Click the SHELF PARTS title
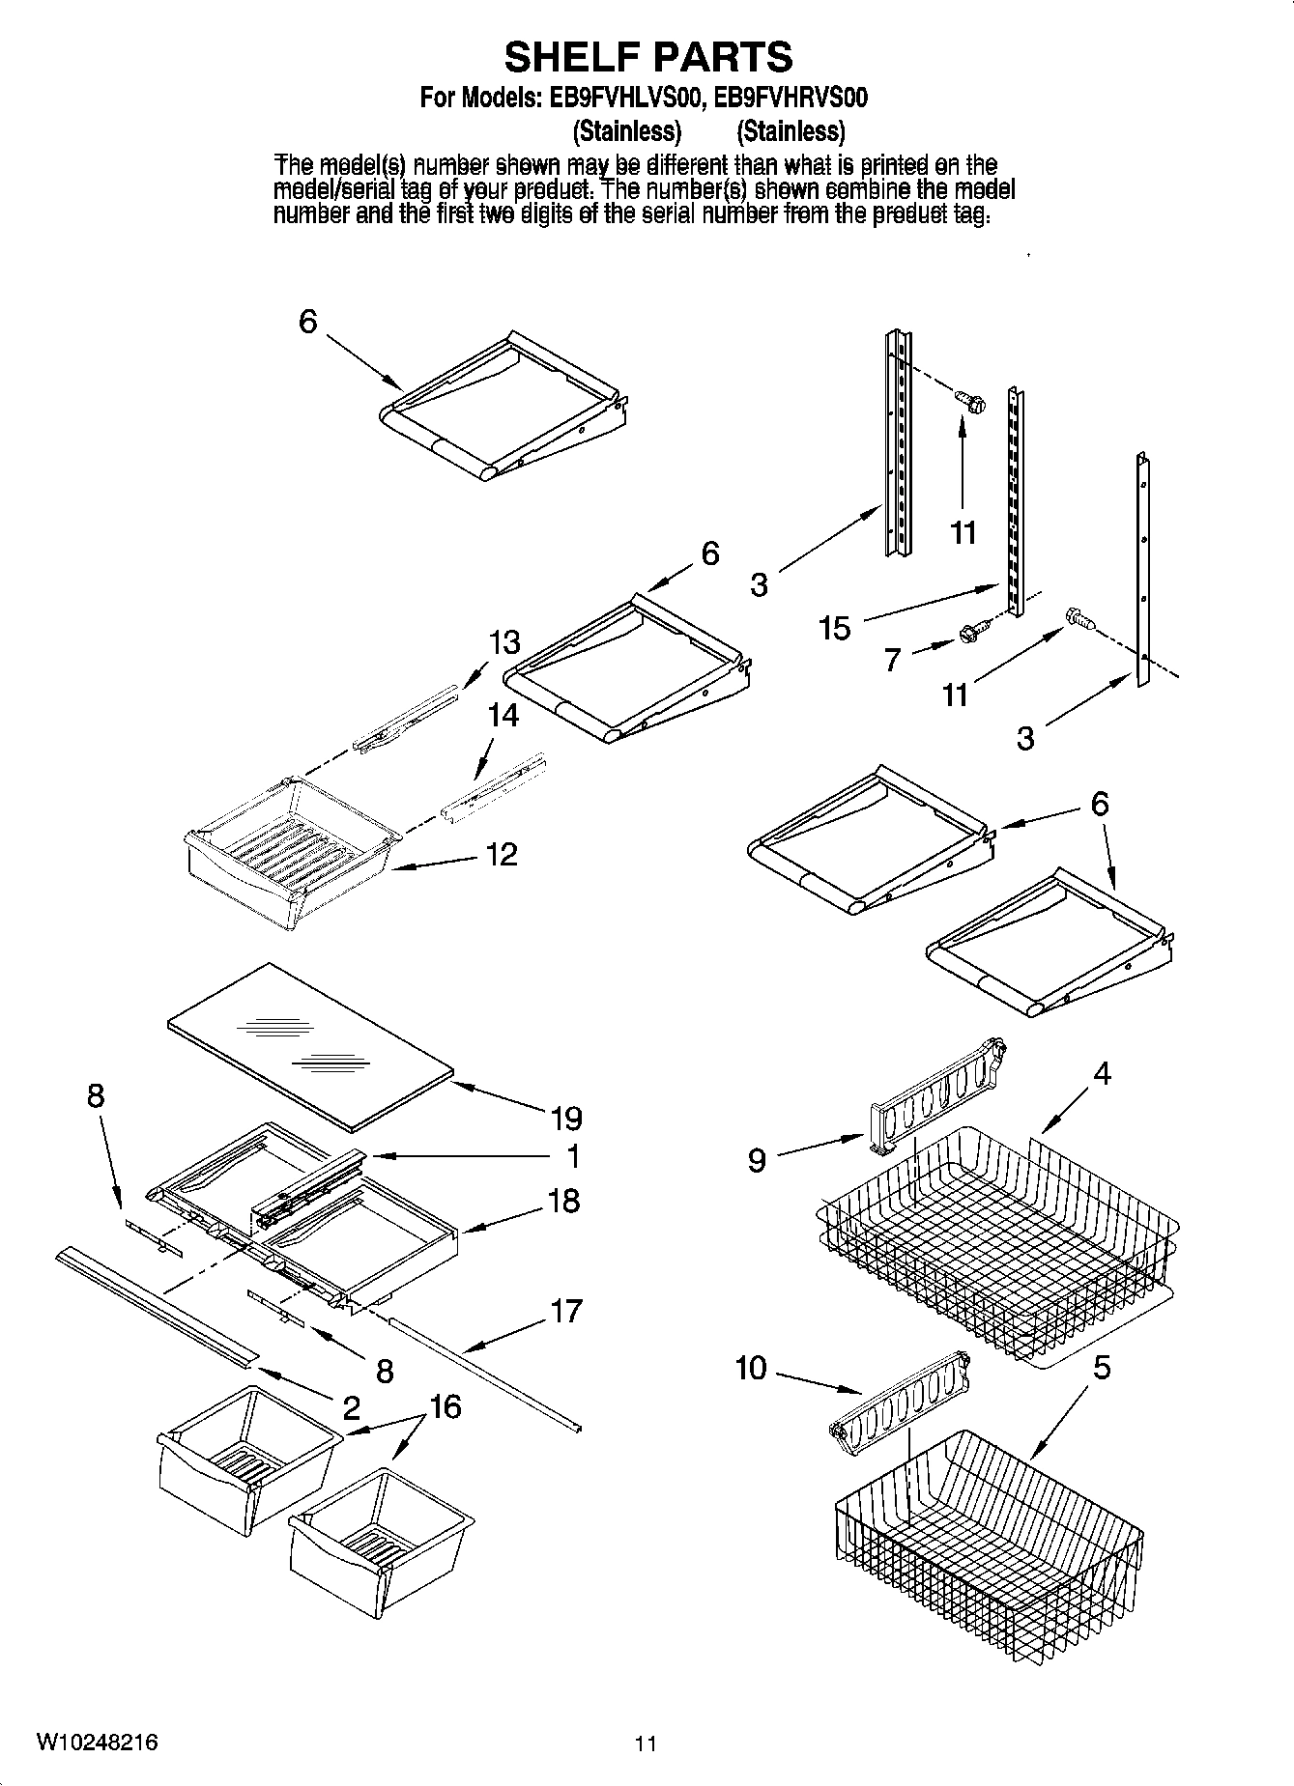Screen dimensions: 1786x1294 click(647, 57)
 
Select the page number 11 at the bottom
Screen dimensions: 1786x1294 click(646, 1743)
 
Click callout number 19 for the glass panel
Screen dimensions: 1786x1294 click(566, 1119)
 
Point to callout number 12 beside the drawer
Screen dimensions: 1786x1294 click(501, 854)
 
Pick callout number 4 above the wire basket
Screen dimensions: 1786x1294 click(1102, 1073)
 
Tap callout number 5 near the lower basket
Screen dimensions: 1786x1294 click(1102, 1368)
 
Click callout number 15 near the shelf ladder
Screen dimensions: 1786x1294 click(834, 628)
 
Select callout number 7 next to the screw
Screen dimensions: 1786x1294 click(892, 660)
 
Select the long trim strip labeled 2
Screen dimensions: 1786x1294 click(155, 1305)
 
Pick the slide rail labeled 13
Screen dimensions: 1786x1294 click(406, 715)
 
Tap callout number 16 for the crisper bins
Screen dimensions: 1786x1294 click(446, 1407)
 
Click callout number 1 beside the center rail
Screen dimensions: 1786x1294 click(572, 1156)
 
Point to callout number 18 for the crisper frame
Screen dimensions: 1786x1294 click(563, 1201)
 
